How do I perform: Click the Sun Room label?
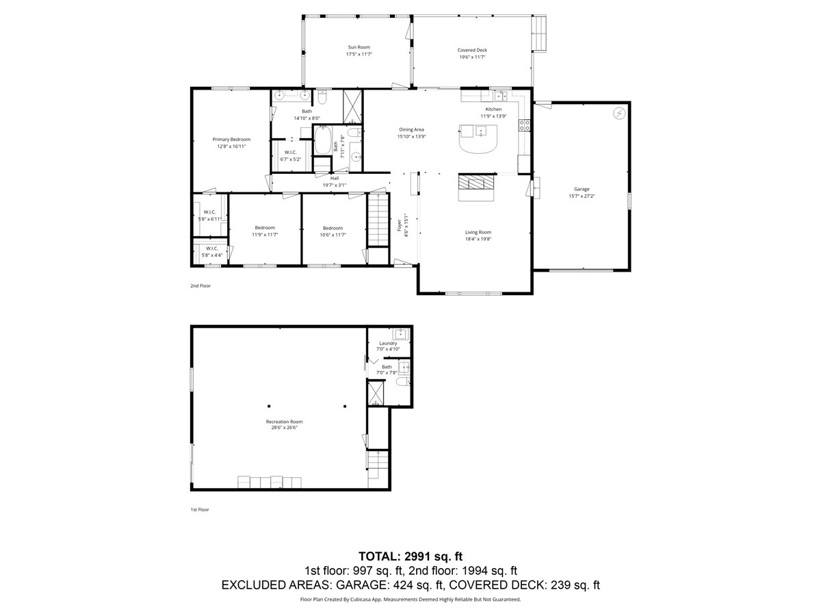[x=359, y=47]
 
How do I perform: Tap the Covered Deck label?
[x=472, y=50]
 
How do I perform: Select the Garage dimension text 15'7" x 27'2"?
[x=582, y=196]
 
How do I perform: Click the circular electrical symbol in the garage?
[x=619, y=113]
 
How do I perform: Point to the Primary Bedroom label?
[x=231, y=139]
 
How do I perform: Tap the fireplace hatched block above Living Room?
[x=475, y=182]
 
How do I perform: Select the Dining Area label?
[x=412, y=129]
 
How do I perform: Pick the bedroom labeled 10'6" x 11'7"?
[x=333, y=228]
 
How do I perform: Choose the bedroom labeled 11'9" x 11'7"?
[x=265, y=228]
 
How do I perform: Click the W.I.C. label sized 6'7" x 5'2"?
[x=290, y=152]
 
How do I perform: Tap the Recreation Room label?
[x=285, y=422]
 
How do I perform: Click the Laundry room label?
[x=388, y=343]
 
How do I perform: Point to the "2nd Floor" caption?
[x=200, y=285]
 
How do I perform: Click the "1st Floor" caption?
[x=200, y=509]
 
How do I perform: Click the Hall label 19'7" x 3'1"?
[x=335, y=178]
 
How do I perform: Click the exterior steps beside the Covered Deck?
[x=540, y=34]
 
